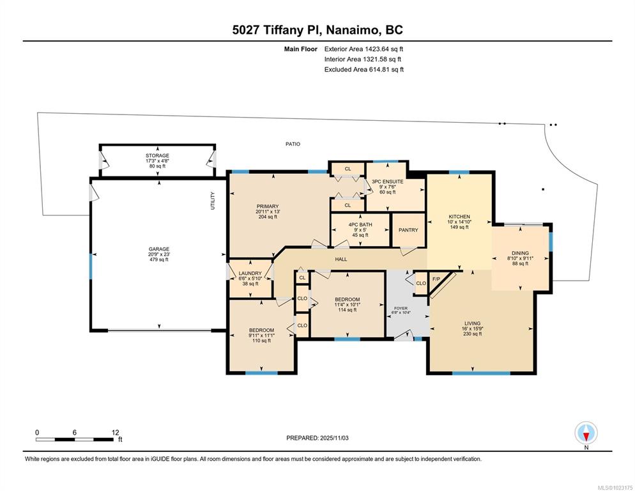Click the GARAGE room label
coord(160,249)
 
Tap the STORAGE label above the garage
coord(157,155)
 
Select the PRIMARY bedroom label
coord(268,207)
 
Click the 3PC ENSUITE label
coord(388,182)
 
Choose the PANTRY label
coord(408,230)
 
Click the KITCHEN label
coord(459,217)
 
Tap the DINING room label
coord(520,253)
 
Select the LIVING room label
coord(473,323)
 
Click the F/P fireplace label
coord(437,279)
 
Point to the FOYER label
coord(401,308)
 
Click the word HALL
coord(341,260)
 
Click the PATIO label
coord(293,144)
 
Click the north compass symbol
coord(586,433)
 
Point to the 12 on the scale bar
coord(115,432)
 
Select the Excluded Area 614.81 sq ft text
coord(363,70)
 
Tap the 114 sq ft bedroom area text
coord(347,310)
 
